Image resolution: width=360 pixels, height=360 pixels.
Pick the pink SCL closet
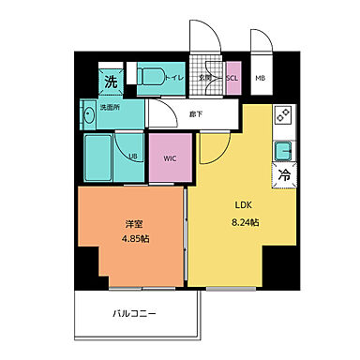232,79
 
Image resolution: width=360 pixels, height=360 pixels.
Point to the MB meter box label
260,79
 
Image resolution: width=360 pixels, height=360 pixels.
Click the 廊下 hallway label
196,113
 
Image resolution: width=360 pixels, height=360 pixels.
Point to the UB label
133,156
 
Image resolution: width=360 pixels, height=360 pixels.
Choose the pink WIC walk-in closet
169,157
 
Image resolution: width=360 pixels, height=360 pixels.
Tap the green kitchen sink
281,150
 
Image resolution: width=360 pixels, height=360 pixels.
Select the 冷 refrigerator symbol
281,174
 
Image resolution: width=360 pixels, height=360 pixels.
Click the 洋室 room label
133,224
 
